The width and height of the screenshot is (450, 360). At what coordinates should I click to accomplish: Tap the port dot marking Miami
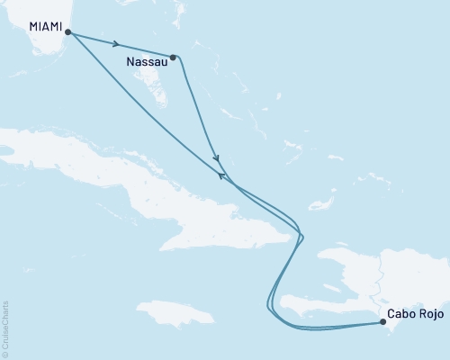click(68, 33)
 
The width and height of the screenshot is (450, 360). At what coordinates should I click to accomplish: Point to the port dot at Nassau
click(173, 57)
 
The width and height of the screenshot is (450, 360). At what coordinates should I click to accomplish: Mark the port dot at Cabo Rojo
click(384, 321)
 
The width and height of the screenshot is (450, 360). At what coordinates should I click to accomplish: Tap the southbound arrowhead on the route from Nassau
click(216, 159)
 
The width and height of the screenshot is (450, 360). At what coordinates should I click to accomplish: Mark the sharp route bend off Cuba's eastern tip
click(301, 237)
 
